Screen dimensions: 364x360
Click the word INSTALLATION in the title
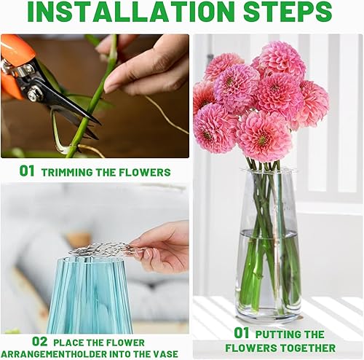(x=131, y=12)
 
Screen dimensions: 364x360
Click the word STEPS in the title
(x=288, y=12)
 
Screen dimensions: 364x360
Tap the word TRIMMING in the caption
(x=67, y=173)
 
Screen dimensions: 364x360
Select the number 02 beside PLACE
(x=39, y=342)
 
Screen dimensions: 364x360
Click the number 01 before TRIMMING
(x=27, y=171)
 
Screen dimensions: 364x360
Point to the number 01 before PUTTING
(x=241, y=333)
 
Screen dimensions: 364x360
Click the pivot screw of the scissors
(x=32, y=94)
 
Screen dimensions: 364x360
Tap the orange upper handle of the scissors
(x=17, y=49)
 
